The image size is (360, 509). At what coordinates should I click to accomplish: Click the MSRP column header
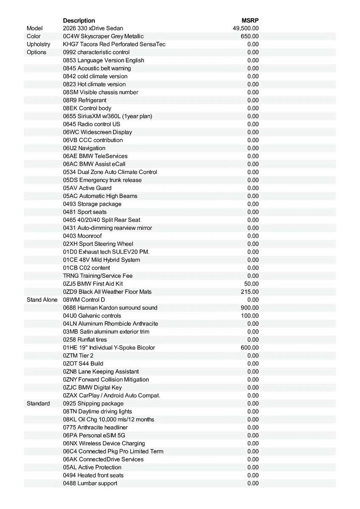pyautogui.click(x=250, y=20)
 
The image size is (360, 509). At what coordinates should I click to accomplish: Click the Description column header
pyautogui.click(x=79, y=20)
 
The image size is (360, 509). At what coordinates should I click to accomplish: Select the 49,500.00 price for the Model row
pyautogui.click(x=246, y=28)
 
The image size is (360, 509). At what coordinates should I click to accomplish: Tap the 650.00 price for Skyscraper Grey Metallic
pyautogui.click(x=250, y=36)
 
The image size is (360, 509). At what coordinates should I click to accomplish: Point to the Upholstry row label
pyautogui.click(x=38, y=44)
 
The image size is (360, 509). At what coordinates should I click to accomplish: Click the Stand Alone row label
pyautogui.click(x=42, y=300)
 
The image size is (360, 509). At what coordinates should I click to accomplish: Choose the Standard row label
pyautogui.click(x=38, y=403)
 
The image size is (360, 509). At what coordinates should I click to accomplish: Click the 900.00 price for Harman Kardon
pyautogui.click(x=250, y=308)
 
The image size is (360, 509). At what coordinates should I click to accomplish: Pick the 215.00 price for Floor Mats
pyautogui.click(x=250, y=292)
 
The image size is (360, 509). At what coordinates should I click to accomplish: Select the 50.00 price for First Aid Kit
pyautogui.click(x=251, y=284)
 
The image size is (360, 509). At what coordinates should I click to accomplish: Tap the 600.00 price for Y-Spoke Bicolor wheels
pyautogui.click(x=250, y=348)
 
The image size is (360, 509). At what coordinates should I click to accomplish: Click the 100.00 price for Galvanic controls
pyautogui.click(x=250, y=316)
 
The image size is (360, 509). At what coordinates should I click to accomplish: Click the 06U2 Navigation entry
pyautogui.click(x=84, y=148)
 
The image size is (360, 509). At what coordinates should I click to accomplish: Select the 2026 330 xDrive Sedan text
pyautogui.click(x=93, y=28)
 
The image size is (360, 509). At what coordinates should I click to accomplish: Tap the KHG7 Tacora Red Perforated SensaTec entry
pyautogui.click(x=114, y=44)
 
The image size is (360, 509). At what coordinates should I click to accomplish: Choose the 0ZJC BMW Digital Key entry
pyautogui.click(x=93, y=388)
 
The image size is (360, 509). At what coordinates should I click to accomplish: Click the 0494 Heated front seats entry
pyautogui.click(x=93, y=475)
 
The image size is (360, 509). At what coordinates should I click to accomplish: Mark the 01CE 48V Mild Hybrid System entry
pyautogui.click(x=101, y=260)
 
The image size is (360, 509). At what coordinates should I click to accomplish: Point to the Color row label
pyautogui.click(x=34, y=36)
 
